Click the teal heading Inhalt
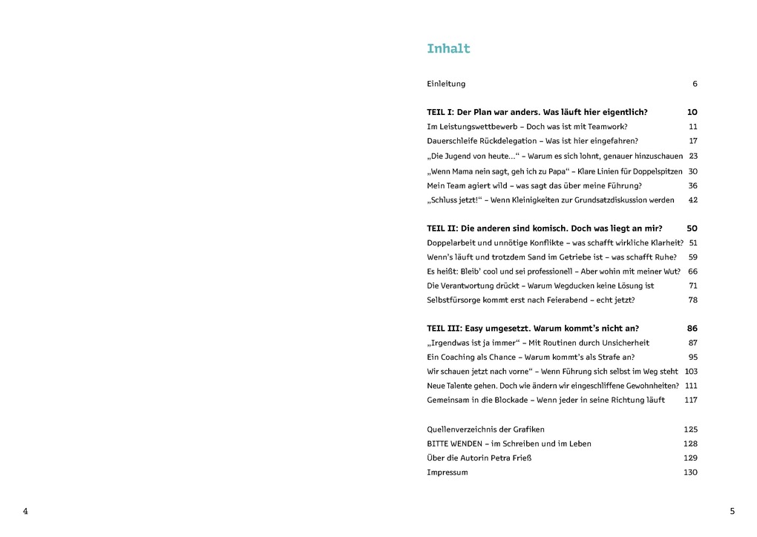pos(448,49)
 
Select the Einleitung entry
pos(446,84)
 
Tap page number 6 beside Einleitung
pos(695,84)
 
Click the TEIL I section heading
pos(537,112)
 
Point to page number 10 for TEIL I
pos(692,112)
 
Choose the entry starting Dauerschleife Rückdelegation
pos(532,141)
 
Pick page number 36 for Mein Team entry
pos(692,185)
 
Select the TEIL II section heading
pos(544,228)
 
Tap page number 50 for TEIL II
pos(692,228)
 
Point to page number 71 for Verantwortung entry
pos(693,286)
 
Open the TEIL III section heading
pos(532,328)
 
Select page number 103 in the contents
pos(691,372)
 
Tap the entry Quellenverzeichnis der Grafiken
pos(485,429)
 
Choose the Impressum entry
pos(447,472)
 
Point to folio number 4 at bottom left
pos(25,511)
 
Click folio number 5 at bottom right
pos(732,511)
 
